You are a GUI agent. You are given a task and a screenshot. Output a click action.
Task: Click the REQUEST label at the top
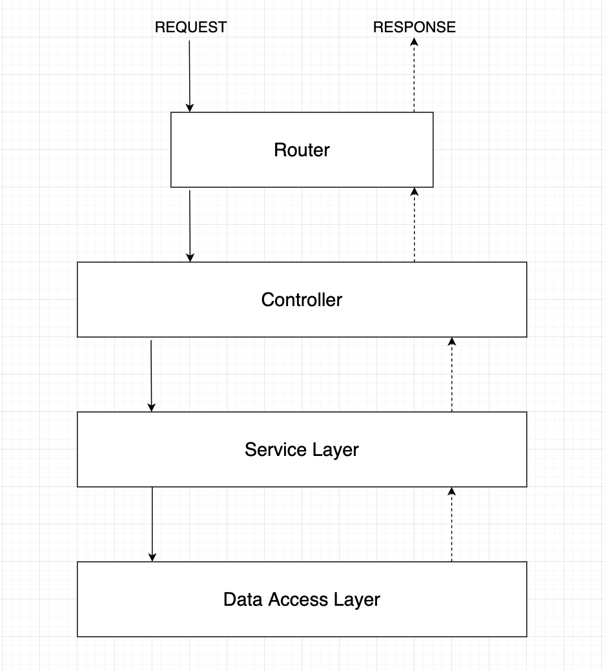[x=190, y=27]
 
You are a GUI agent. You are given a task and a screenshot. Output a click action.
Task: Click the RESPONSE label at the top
[x=414, y=27]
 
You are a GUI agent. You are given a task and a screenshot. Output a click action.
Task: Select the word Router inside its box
[x=302, y=150]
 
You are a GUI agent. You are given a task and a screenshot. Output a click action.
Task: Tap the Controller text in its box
[x=302, y=300]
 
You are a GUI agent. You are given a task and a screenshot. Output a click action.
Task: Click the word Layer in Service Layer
[x=334, y=449]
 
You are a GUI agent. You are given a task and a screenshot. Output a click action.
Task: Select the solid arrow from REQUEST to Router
[x=190, y=74]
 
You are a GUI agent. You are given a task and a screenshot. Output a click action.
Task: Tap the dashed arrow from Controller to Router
[x=414, y=226]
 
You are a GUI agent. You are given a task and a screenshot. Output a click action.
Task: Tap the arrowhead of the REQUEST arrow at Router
[x=190, y=108]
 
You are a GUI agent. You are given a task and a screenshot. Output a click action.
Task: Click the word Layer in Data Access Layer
[x=357, y=599]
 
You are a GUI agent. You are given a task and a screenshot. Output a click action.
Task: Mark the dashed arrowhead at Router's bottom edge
[x=414, y=192]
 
